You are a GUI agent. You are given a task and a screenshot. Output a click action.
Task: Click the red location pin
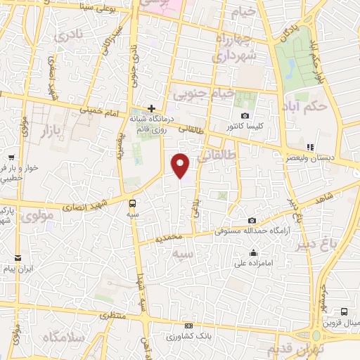pyautogui.click(x=181, y=165)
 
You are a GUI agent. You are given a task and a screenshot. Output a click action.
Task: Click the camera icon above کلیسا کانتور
pyautogui.click(x=245, y=115)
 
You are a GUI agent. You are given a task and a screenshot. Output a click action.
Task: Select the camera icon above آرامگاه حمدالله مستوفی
pyautogui.click(x=252, y=220)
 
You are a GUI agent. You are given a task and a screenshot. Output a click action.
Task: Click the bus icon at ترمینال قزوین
pyautogui.click(x=344, y=311)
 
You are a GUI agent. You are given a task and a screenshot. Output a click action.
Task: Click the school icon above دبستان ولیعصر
pyautogui.click(x=310, y=148)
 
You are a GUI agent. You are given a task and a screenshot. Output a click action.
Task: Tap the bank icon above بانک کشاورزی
pyautogui.click(x=188, y=326)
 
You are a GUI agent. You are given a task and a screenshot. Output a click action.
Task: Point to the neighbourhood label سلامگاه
pyautogui.click(x=63, y=338)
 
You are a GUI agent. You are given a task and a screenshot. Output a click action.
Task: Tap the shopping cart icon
pyautogui.click(x=11, y=157)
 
